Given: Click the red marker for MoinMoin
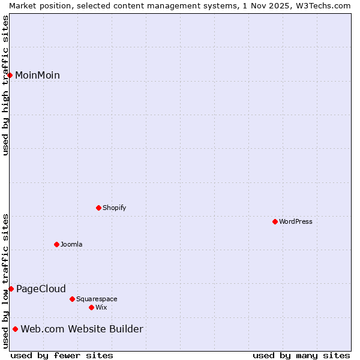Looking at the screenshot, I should tap(10, 75).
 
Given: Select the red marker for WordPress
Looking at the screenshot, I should tap(275, 221).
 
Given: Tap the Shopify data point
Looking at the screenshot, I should tap(98, 208).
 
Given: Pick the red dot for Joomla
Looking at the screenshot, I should tap(56, 244).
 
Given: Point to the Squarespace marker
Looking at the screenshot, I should tap(72, 299).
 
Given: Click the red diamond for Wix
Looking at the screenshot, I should tap(91, 307).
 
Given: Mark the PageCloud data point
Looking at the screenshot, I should tap(11, 289).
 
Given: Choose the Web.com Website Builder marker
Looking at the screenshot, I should tap(15, 329).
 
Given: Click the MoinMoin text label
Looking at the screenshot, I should tap(37, 75).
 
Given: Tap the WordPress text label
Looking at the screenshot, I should tap(296, 221).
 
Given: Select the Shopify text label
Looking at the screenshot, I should tap(114, 208).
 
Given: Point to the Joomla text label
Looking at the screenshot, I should tap(71, 244).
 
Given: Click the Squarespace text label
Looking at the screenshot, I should tap(97, 299).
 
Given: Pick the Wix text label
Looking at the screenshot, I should tap(101, 307).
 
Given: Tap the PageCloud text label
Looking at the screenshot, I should tap(41, 289).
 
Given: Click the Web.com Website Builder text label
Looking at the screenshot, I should tap(82, 329).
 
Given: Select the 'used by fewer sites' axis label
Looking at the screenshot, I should tap(62, 355).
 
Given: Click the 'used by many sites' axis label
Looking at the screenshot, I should tap(301, 355).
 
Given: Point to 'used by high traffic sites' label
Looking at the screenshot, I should tap(5, 85).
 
